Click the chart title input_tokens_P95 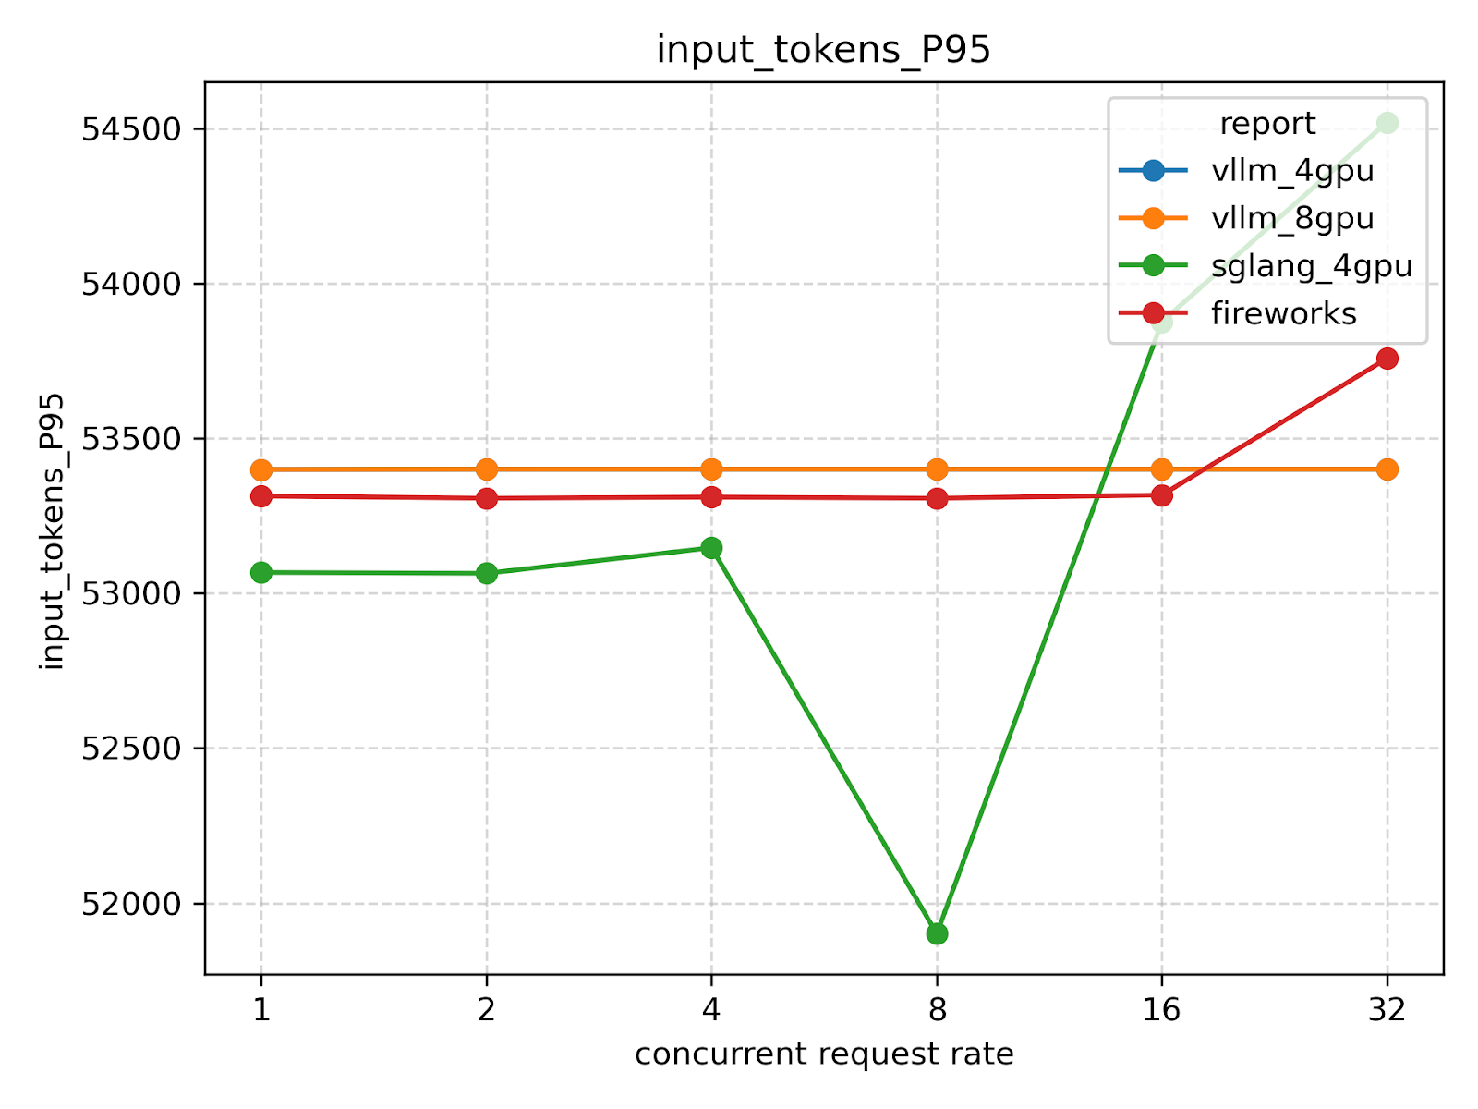pos(823,50)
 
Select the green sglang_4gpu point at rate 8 pos(937,933)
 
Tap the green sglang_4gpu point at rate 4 pos(711,548)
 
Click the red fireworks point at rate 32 pos(1387,359)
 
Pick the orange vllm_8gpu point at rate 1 pos(261,469)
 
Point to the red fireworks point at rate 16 pos(1162,495)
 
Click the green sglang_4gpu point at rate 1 pos(261,573)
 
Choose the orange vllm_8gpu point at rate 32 pos(1387,469)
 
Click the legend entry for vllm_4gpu pos(1292,171)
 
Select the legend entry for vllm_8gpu pos(1292,218)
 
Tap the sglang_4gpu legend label pos(1312,266)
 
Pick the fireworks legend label pos(1284,314)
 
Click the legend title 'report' pos(1267,124)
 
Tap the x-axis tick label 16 pos(1162,1010)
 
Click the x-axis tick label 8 pos(937,1010)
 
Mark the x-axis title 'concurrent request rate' pos(824,1054)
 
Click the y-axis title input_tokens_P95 pos(53,530)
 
